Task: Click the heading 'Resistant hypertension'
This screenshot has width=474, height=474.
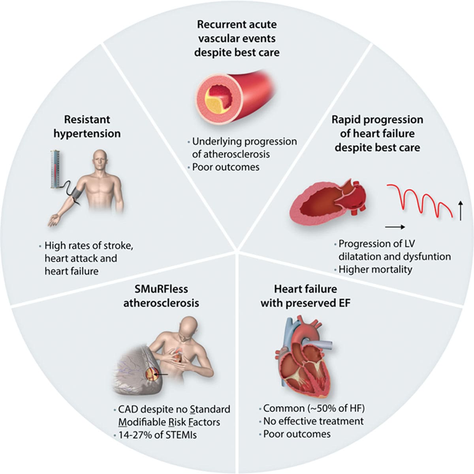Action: [87, 126]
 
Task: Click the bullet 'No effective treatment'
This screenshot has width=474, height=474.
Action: [313, 421]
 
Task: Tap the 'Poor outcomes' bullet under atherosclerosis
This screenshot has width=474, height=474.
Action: [226, 167]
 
